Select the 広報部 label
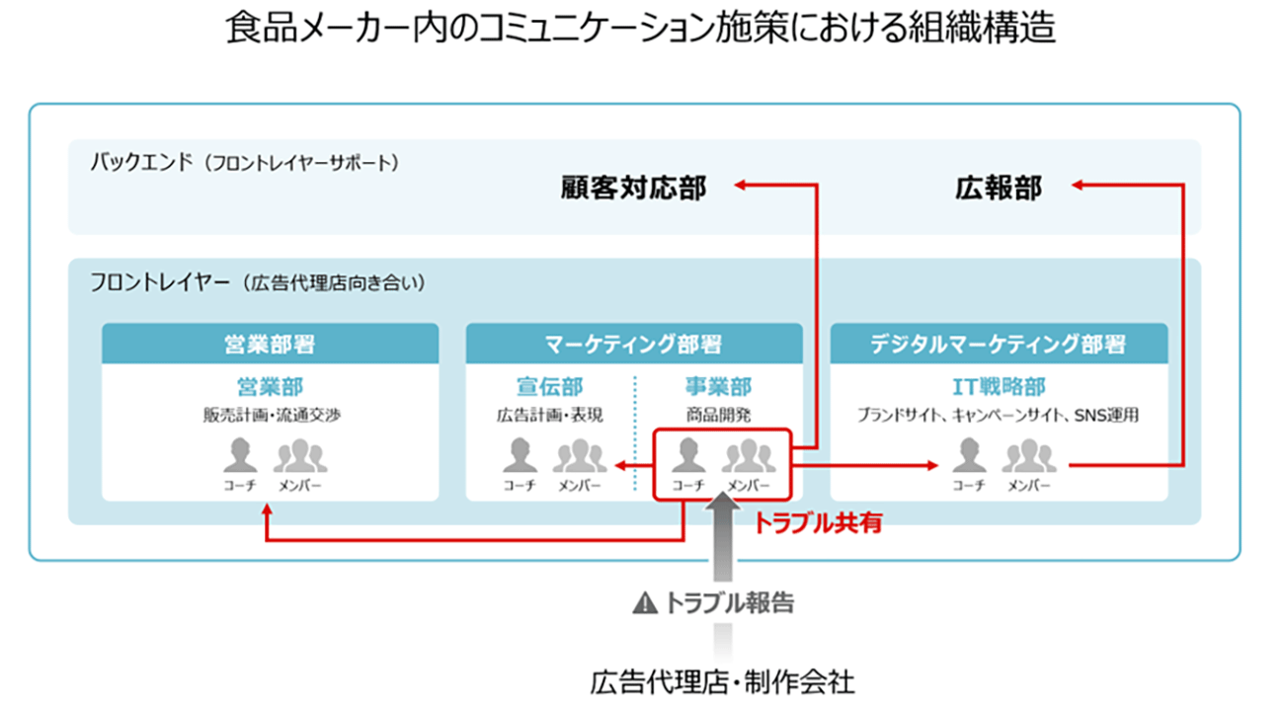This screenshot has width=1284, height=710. coord(998,188)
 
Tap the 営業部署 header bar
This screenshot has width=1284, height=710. coord(270,345)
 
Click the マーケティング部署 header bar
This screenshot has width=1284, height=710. coord(633,345)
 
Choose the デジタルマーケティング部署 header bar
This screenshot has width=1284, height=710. coord(998,345)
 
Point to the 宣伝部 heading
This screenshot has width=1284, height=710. coord(549,387)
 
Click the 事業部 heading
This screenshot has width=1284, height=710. coord(718,387)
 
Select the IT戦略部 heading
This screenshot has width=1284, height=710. coord(998,387)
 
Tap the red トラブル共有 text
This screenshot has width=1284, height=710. coord(817,523)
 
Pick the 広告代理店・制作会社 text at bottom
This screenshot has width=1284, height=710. coord(722,680)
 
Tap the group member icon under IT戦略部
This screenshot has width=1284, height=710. coord(1029,456)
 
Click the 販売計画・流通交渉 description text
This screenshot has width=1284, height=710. coord(270,415)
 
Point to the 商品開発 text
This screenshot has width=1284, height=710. coord(718,415)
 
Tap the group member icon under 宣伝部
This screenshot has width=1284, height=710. coord(580,456)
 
